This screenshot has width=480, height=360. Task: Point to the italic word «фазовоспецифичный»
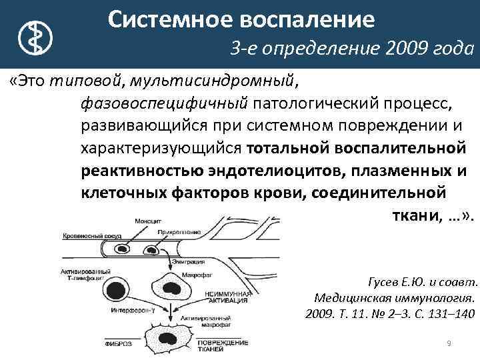[x=164, y=103]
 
